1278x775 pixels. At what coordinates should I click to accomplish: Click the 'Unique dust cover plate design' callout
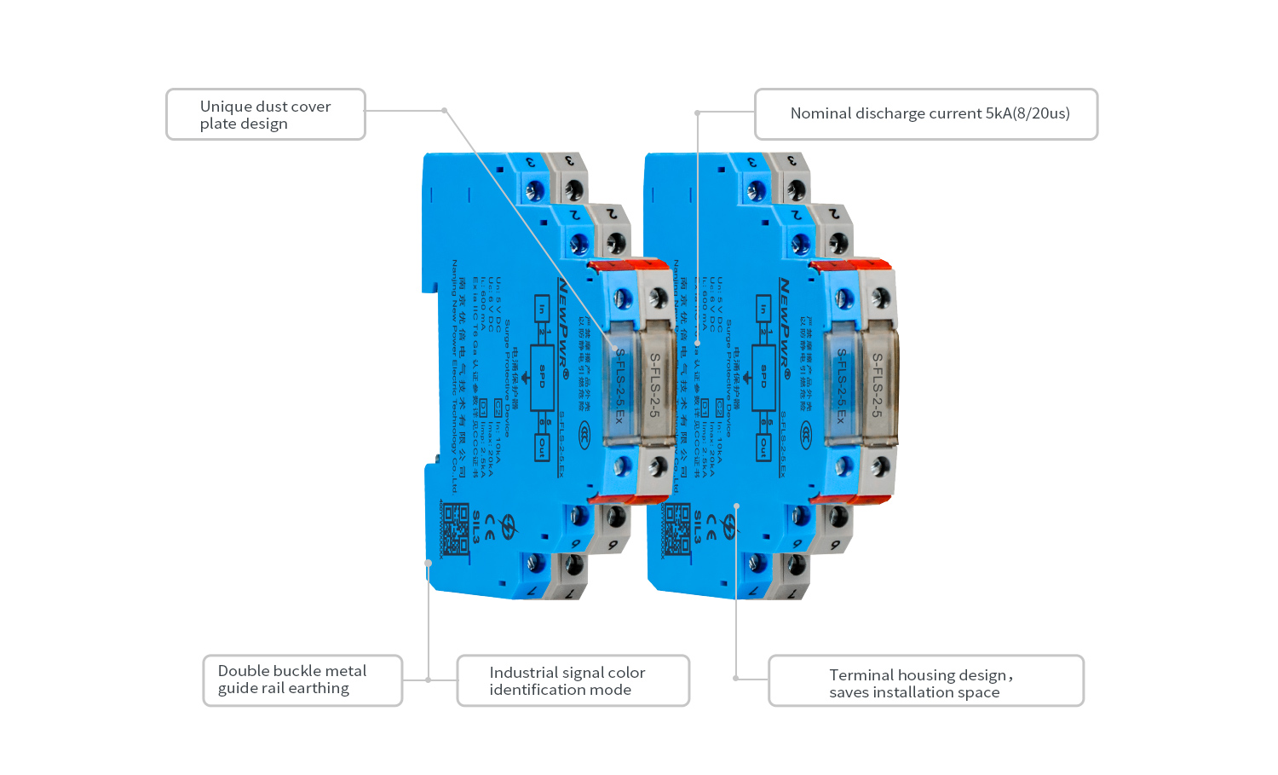(265, 114)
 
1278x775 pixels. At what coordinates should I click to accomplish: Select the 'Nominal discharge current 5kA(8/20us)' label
(926, 114)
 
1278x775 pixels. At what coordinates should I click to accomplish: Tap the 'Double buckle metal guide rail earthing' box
(302, 680)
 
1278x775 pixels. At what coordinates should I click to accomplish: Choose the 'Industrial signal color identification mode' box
(573, 680)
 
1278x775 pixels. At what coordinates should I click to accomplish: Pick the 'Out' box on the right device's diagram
(763, 448)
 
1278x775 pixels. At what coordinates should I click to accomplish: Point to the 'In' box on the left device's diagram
(542, 309)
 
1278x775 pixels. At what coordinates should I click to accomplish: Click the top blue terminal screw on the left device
(535, 188)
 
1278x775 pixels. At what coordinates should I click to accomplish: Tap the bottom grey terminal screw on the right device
(795, 564)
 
